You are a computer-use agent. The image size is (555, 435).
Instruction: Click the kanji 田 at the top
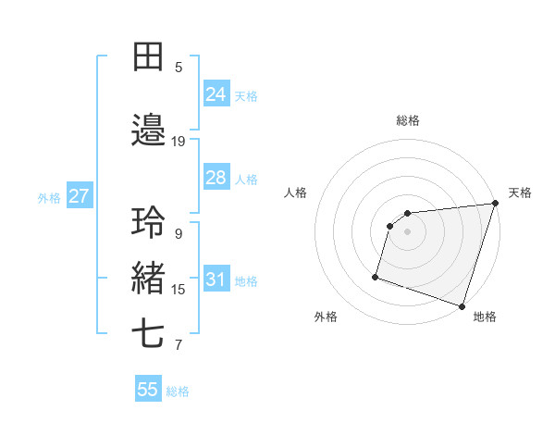150,56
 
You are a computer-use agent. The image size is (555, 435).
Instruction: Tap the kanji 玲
150,223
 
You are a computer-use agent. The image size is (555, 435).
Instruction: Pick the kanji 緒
150,278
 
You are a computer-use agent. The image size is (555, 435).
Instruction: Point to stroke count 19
179,142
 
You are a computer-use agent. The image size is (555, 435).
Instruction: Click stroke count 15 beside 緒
179,290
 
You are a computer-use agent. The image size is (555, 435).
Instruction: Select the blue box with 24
216,94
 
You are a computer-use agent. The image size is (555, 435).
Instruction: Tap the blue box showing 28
216,178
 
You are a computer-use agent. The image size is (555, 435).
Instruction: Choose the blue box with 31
216,280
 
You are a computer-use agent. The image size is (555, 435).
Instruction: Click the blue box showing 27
80,196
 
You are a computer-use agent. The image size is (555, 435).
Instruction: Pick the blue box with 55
148,390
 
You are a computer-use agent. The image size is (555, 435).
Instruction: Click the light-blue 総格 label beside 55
179,391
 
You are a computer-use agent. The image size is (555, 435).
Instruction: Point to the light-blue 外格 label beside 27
49,198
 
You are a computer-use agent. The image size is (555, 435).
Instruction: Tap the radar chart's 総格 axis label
408,120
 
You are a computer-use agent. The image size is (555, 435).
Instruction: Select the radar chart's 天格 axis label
520,193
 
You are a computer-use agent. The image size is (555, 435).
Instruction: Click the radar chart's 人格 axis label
296,193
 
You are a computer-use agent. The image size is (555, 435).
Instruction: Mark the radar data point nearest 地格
462,305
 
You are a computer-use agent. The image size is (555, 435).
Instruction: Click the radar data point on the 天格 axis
495,204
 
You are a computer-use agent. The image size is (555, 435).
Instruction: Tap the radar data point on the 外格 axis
376,276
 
